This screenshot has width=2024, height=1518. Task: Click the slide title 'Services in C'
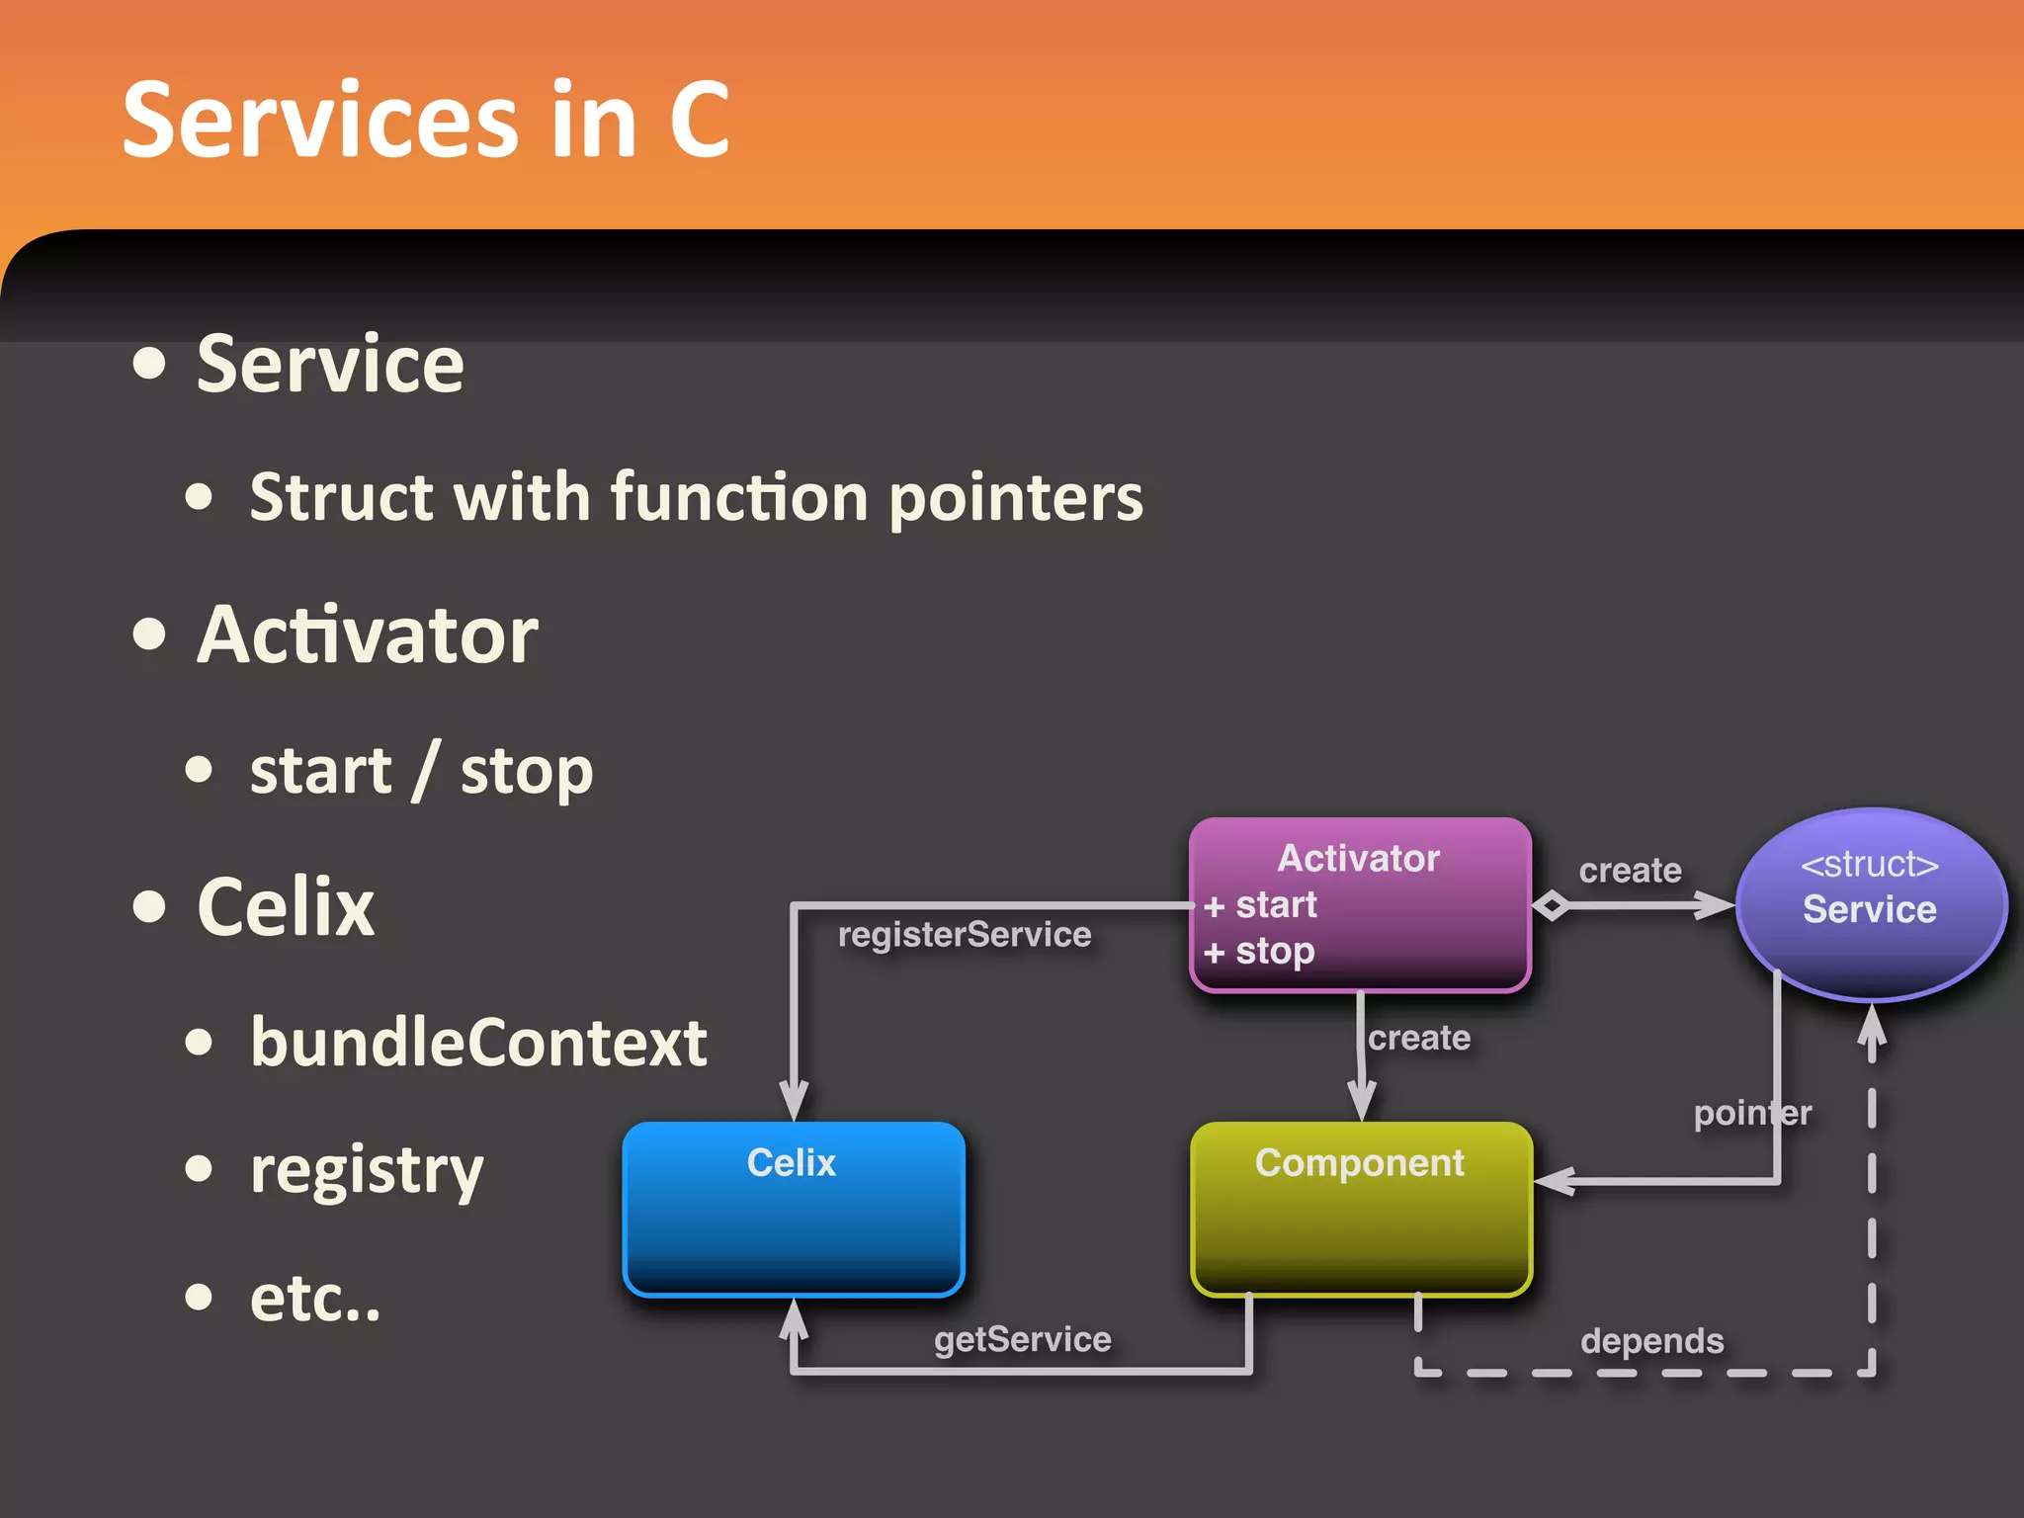[425, 121]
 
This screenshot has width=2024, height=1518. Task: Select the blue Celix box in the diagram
[793, 1208]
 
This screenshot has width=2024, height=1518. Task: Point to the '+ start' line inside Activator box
[1261, 904]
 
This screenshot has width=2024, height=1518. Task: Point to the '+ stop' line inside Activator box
[1260, 951]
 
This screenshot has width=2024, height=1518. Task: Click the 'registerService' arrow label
[965, 934]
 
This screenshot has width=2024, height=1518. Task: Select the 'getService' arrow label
[1023, 1339]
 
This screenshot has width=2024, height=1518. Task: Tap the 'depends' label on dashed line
[1651, 1341]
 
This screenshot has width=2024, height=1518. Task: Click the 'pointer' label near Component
[1752, 1113]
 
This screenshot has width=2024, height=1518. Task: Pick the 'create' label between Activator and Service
[1630, 870]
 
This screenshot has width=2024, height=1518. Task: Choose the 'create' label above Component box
[1419, 1038]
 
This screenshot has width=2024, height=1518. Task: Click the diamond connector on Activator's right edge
[1551, 904]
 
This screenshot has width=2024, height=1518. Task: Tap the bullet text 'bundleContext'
[478, 1043]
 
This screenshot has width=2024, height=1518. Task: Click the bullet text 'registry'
[367, 1170]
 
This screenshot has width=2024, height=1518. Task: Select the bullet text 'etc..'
[315, 1298]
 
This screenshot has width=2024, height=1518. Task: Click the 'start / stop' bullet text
[421, 770]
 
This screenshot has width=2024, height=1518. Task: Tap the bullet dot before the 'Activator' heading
[149, 634]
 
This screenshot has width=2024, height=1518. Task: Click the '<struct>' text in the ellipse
[1869, 864]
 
